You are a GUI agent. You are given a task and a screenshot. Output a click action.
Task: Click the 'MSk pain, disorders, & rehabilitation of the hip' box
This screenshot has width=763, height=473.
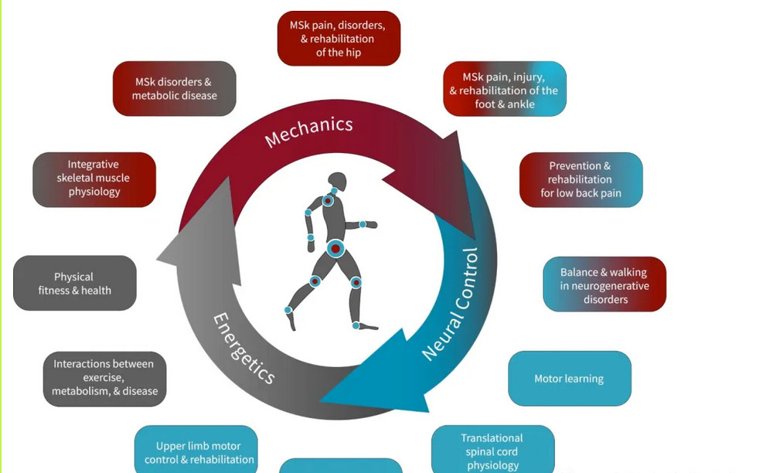pyautogui.click(x=339, y=39)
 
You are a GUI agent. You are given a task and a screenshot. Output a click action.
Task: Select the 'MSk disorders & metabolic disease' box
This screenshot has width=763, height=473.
pyautogui.click(x=174, y=89)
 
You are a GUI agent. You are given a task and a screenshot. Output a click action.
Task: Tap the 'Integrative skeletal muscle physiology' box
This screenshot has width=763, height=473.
pyautogui.click(x=94, y=179)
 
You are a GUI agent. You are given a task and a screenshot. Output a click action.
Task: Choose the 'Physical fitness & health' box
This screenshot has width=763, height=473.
pyautogui.click(x=75, y=284)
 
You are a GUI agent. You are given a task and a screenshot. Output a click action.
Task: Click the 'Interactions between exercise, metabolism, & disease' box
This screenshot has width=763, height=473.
pyautogui.click(x=104, y=377)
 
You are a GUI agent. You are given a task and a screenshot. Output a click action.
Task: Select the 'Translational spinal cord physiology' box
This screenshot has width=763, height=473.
pyautogui.click(x=492, y=451)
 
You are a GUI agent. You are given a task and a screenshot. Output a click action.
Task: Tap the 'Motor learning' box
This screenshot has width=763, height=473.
pyautogui.click(x=569, y=379)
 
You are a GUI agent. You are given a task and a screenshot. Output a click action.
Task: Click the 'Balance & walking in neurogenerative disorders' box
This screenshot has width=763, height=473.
pyautogui.click(x=605, y=285)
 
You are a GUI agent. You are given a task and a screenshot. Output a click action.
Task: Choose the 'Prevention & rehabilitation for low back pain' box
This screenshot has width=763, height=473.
pyautogui.click(x=581, y=179)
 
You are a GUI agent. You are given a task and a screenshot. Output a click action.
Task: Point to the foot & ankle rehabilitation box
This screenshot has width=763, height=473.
pyautogui.click(x=505, y=90)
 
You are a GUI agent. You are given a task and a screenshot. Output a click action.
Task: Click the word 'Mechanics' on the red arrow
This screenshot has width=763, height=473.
pyautogui.click(x=309, y=131)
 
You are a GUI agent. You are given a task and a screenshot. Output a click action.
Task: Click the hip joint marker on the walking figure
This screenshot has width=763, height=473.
pyautogui.click(x=335, y=248)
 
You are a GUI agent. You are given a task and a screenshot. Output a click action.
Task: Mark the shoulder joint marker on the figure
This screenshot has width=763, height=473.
pyautogui.click(x=328, y=201)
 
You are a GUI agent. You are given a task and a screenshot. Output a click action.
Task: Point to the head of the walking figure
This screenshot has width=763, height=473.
pyautogui.click(x=338, y=182)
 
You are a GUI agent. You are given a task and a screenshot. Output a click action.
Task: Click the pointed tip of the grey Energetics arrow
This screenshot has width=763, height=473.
pyautogui.click(x=158, y=259)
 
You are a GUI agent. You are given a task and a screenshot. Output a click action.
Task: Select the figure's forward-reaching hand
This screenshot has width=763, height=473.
pyautogui.click(x=370, y=225)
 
